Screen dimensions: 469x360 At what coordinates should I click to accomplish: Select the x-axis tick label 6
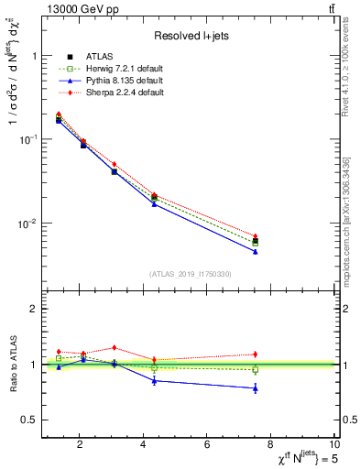pyautogui.click(x=207, y=445)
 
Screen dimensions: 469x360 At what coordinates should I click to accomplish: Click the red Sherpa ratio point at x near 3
pyautogui.click(x=114, y=347)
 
